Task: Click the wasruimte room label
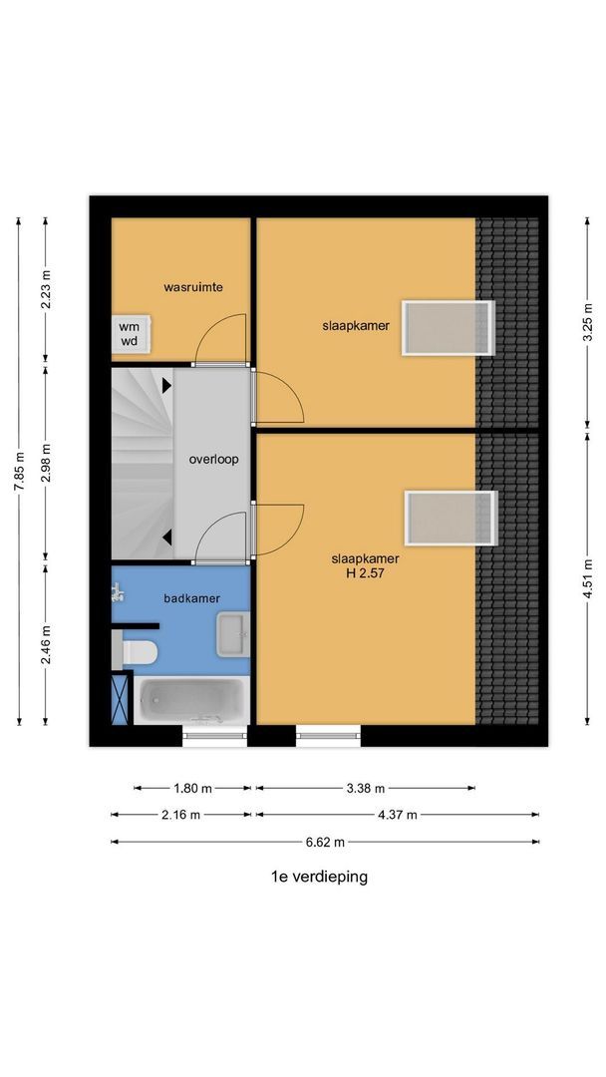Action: [x=192, y=287]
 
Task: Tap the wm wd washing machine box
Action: [x=131, y=334]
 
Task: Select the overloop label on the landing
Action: [x=214, y=459]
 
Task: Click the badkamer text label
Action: [x=192, y=598]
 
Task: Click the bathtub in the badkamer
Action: [x=190, y=700]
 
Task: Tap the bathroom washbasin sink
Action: [x=233, y=634]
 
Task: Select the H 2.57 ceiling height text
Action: [x=365, y=572]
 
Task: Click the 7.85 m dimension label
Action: [x=19, y=471]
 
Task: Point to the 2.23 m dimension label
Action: [x=46, y=288]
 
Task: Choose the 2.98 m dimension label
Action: [x=46, y=463]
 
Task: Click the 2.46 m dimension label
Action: [x=46, y=645]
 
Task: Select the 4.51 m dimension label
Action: [x=588, y=579]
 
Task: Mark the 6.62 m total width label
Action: [x=325, y=842]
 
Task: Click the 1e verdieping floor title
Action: [x=319, y=877]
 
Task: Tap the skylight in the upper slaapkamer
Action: [x=449, y=328]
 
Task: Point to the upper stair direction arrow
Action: [x=166, y=386]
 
